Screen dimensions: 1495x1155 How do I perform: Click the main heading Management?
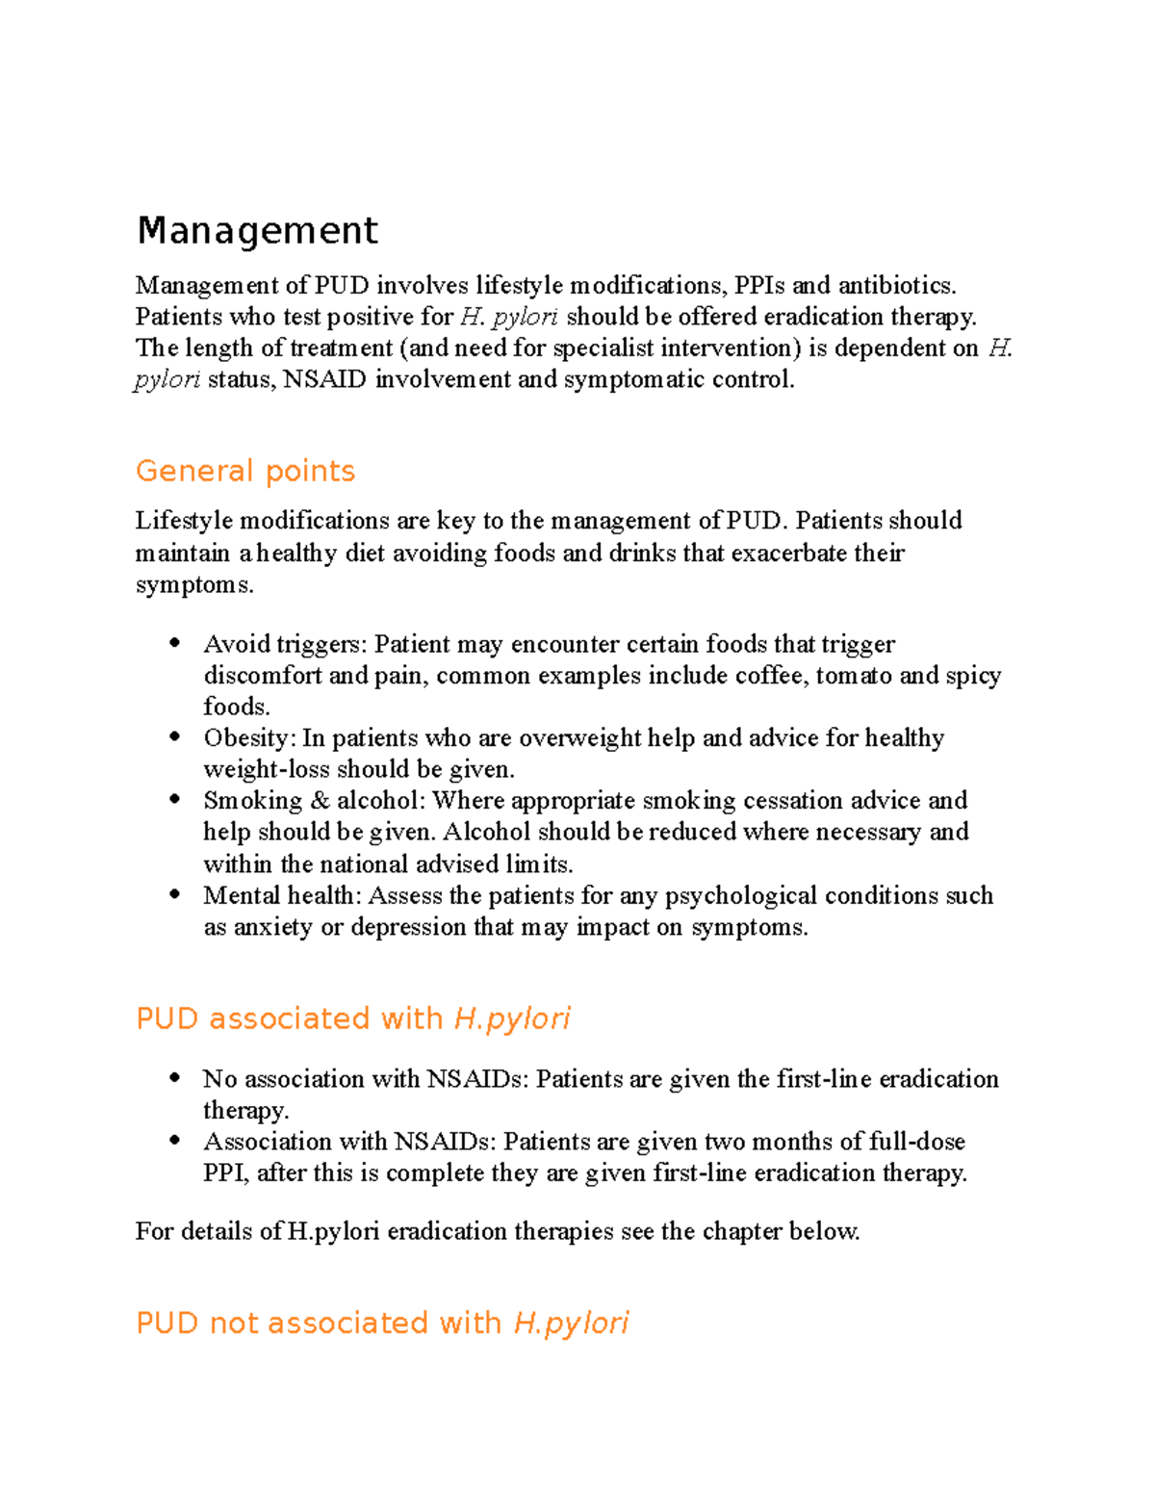coord(257,231)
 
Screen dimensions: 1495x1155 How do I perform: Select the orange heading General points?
coord(245,471)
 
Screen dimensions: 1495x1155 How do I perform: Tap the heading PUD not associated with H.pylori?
coord(382,1323)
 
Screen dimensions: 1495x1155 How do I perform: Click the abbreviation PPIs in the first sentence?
coord(759,285)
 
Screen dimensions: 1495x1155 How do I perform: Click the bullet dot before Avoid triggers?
coord(174,643)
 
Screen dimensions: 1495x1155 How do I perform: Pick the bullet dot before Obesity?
coord(174,737)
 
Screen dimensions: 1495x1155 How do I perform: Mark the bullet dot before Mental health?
coord(174,894)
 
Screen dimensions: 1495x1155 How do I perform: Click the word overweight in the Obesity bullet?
coord(579,737)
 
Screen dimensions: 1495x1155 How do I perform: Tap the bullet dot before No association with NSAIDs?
coord(174,1078)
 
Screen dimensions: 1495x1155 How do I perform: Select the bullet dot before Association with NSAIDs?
coord(174,1141)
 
